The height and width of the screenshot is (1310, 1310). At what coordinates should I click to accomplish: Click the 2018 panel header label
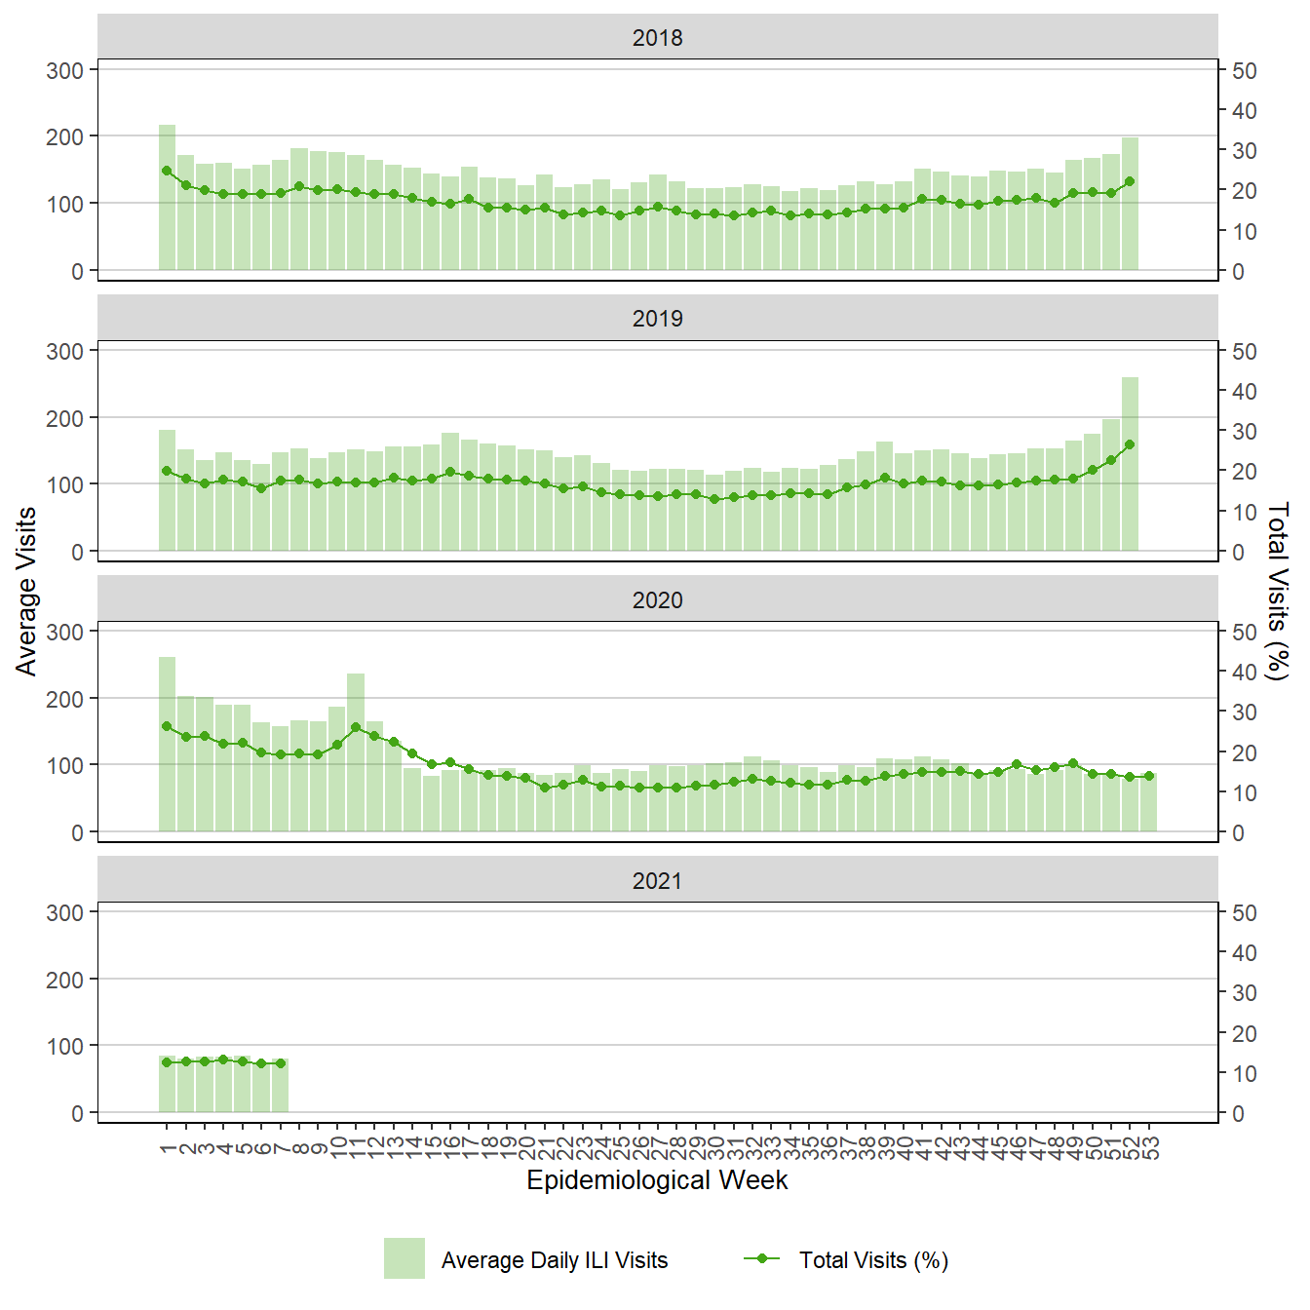click(x=657, y=38)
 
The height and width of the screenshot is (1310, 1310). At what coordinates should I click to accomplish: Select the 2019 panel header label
click(x=657, y=319)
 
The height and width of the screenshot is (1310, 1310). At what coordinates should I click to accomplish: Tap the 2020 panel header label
click(x=657, y=600)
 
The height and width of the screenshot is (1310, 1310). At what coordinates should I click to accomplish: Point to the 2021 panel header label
click(x=657, y=881)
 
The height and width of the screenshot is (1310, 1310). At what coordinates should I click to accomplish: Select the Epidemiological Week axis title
click(x=657, y=1180)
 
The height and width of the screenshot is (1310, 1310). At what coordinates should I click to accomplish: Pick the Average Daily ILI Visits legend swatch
click(x=405, y=1258)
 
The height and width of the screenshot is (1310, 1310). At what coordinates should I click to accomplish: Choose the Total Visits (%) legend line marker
click(x=762, y=1258)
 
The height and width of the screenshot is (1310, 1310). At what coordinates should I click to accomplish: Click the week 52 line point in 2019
click(x=1131, y=444)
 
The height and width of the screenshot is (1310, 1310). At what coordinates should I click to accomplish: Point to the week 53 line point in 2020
click(x=1149, y=777)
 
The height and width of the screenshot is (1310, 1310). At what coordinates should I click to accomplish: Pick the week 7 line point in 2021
click(x=281, y=1063)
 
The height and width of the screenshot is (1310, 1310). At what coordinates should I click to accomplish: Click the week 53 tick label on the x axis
click(x=1150, y=1143)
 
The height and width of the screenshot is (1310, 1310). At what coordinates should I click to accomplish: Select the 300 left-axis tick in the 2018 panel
click(x=64, y=70)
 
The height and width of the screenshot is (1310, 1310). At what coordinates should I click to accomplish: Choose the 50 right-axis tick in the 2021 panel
click(x=1245, y=913)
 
